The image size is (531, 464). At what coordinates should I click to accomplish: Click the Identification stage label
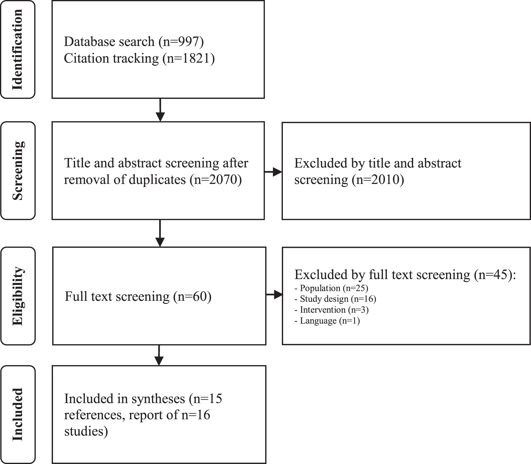(17, 49)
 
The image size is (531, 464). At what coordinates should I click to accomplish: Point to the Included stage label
(17, 414)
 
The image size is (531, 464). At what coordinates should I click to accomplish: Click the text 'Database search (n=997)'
(134, 42)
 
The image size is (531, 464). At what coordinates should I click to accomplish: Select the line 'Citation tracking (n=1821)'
(139, 58)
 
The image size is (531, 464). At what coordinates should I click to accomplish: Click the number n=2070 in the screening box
(215, 179)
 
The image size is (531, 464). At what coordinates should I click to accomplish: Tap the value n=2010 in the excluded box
(378, 179)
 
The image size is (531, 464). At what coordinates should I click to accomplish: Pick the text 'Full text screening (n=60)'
(138, 296)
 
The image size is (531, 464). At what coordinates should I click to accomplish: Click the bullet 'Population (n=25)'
(331, 288)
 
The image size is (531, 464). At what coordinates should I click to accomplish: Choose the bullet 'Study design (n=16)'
(335, 299)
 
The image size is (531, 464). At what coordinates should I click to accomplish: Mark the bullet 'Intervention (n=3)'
(332, 310)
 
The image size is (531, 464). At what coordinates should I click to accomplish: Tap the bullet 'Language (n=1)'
(327, 321)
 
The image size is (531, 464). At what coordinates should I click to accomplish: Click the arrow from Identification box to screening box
(160, 110)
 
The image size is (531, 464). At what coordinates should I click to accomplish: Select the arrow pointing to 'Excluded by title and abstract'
(273, 172)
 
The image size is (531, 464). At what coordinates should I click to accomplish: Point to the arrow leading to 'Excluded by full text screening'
(274, 294)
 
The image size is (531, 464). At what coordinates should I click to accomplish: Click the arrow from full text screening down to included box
(159, 355)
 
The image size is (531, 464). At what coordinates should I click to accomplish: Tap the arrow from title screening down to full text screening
(160, 233)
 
